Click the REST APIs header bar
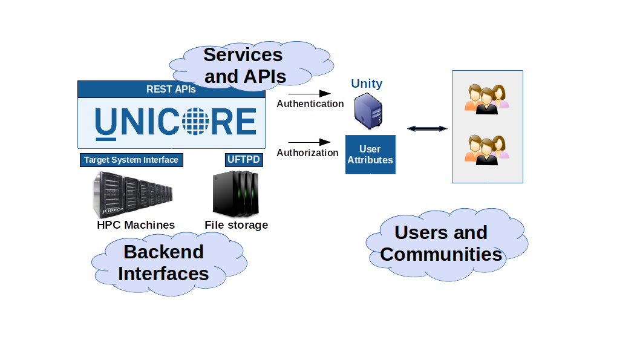point(171,90)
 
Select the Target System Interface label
point(131,160)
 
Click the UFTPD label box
point(244,160)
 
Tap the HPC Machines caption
point(136,225)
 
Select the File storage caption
point(236,225)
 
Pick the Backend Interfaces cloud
point(163,263)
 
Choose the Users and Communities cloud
point(442,243)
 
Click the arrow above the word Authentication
point(309,94)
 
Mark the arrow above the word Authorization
point(307,143)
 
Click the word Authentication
point(310,104)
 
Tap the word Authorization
point(307,153)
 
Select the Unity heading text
point(367,83)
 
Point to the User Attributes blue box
point(370,154)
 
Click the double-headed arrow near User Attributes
point(427,128)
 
